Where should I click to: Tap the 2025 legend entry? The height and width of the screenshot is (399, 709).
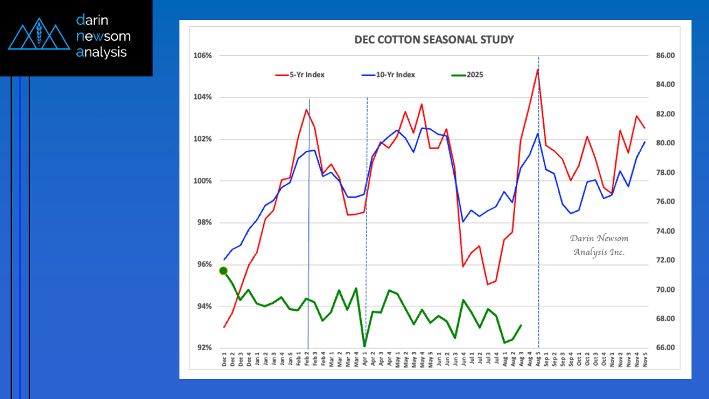pos(474,75)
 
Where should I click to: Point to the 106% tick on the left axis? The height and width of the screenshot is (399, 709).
pos(203,56)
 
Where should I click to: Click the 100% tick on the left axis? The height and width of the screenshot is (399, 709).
pos(203,181)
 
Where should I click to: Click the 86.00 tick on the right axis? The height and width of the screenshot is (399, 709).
pos(662,56)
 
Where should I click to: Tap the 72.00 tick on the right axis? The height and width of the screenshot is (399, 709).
pos(662,260)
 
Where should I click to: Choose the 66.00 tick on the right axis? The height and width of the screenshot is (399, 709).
pos(662,348)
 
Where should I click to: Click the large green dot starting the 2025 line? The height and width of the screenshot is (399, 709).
pos(224,271)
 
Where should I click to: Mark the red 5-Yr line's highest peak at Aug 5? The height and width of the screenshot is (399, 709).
pos(538,69)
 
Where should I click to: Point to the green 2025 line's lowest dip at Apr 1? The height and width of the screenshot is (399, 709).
pos(365,346)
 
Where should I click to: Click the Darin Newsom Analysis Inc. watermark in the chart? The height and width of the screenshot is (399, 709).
pos(598,246)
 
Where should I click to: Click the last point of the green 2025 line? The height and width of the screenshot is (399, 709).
pos(521,325)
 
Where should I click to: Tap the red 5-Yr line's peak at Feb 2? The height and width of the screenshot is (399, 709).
pos(306,110)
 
